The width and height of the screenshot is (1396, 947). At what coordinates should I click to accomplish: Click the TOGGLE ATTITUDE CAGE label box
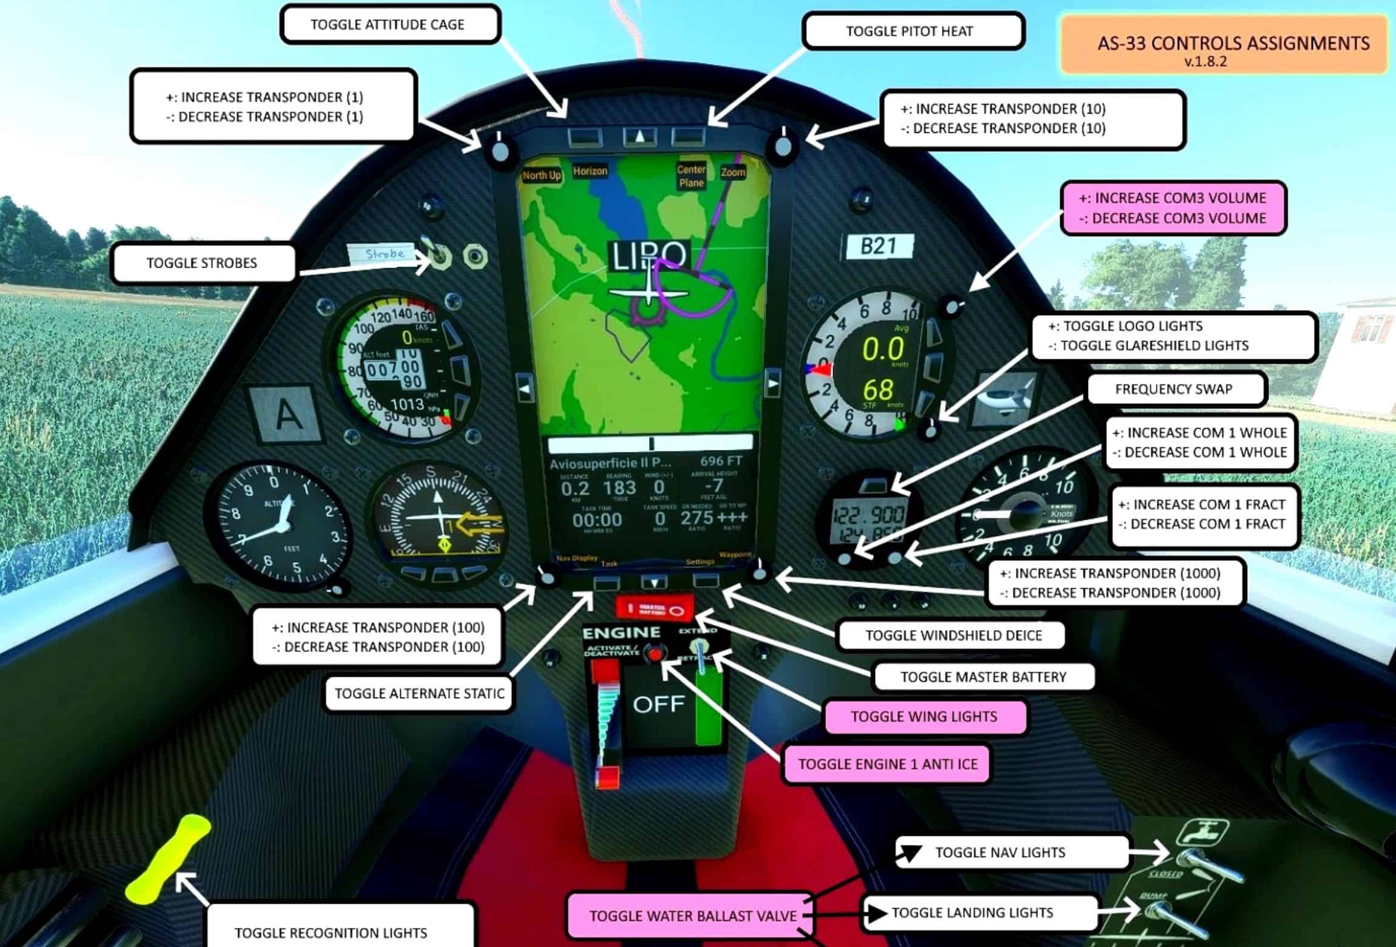[389, 25]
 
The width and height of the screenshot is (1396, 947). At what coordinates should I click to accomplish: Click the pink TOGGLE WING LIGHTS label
[924, 716]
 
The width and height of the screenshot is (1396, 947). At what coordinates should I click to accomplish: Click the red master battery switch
[654, 609]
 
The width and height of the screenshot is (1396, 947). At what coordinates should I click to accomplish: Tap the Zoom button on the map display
[732, 172]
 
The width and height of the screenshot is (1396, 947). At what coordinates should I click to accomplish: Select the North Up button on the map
[541, 175]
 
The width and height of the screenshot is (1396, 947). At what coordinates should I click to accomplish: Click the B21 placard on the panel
[878, 246]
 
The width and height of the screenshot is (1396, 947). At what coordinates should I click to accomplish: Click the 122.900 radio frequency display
[869, 516]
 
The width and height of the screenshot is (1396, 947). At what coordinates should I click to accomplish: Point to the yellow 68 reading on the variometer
[878, 389]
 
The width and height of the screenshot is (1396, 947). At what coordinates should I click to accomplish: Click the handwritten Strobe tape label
[383, 254]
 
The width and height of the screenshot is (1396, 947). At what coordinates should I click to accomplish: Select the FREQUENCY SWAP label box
[1174, 389]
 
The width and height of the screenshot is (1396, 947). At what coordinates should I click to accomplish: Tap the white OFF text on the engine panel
[658, 704]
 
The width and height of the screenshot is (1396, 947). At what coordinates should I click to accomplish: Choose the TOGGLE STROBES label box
[203, 263]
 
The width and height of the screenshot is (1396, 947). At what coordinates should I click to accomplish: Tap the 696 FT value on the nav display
[721, 461]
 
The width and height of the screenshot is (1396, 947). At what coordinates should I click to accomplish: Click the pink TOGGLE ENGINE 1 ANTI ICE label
[887, 764]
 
